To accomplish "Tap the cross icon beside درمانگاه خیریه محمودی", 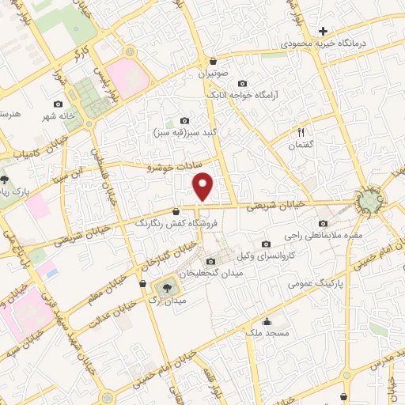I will pyautogui.click(x=323, y=31).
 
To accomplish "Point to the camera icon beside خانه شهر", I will pyautogui.click(x=58, y=104).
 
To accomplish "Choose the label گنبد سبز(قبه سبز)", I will pyautogui.click(x=184, y=132).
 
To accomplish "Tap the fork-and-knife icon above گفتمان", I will pyautogui.click(x=301, y=132).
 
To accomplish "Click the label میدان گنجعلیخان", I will pyautogui.click(x=209, y=273).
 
